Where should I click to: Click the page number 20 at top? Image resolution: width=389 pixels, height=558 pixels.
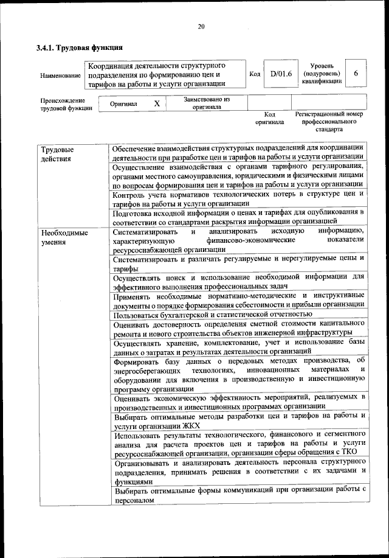pos(201,26)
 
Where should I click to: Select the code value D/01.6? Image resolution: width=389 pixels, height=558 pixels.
pos(281,74)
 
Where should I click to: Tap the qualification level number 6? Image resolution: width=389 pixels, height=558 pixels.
pos(356,74)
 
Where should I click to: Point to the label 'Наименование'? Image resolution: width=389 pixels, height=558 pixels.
pos(60,75)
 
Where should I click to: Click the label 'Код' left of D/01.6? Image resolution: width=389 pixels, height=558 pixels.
pos(255,74)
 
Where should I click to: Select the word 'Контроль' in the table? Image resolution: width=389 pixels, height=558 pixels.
pos(131,194)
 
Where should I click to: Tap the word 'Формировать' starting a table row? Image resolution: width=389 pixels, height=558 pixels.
pos(139,361)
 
